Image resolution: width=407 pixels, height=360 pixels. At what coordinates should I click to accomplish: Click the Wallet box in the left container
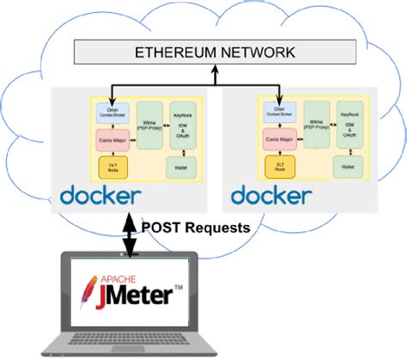click(181, 167)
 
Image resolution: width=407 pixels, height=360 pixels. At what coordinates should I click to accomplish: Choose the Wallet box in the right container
click(349, 166)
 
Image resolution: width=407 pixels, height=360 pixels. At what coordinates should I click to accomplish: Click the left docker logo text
click(100, 195)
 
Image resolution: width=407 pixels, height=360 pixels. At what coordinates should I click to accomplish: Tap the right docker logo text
click(270, 194)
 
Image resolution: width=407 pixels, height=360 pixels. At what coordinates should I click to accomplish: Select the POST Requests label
click(197, 228)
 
